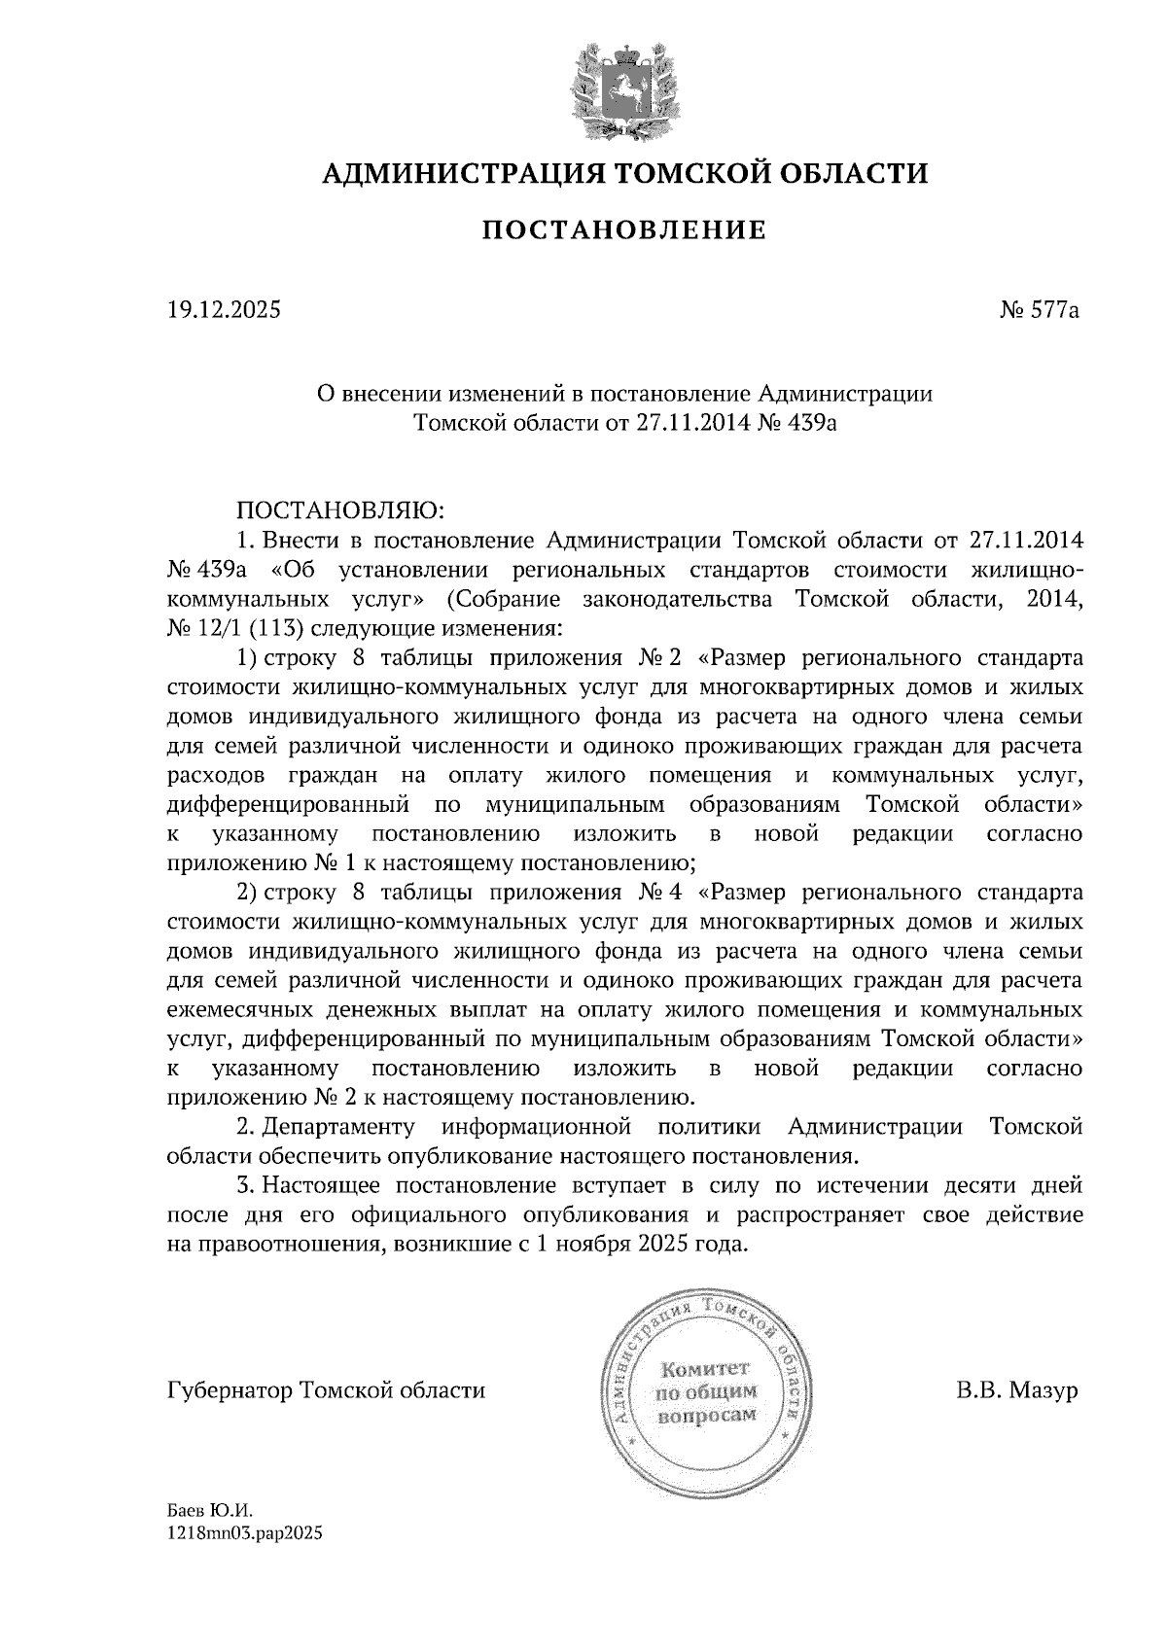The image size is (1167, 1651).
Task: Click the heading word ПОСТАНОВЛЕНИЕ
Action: click(624, 230)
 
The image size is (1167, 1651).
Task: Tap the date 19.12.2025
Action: click(223, 311)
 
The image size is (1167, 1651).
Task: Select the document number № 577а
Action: click(1040, 311)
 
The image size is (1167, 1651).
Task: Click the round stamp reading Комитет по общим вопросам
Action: click(707, 1392)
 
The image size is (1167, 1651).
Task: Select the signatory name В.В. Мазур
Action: click(1017, 1390)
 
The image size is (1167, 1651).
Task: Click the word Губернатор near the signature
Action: click(230, 1390)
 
